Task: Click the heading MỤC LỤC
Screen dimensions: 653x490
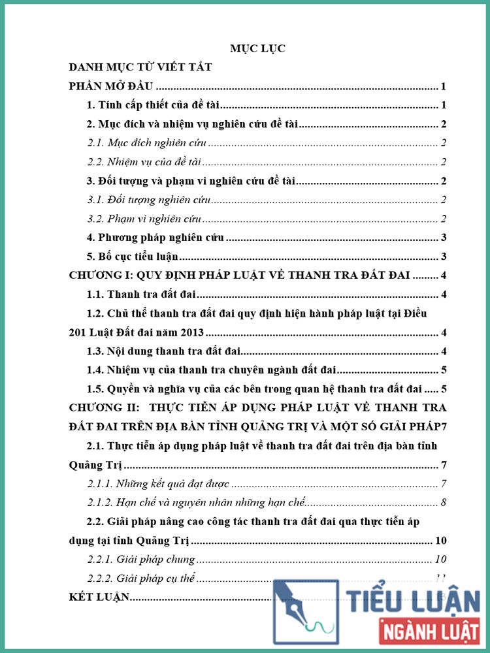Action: (x=257, y=48)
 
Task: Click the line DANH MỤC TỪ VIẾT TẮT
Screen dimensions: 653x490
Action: (x=140, y=67)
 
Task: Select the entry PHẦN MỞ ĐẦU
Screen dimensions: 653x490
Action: (x=110, y=86)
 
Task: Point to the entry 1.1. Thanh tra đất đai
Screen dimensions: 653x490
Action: (x=138, y=295)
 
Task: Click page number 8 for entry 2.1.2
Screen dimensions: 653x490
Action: (x=444, y=503)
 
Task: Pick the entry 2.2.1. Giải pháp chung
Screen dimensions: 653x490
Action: (x=141, y=559)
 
